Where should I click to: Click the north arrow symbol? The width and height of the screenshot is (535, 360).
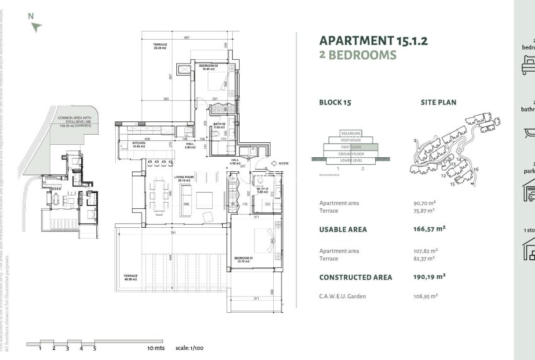(x=37, y=26)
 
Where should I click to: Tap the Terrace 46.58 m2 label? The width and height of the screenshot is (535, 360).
(x=131, y=278)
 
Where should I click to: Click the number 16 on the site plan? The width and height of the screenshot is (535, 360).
(x=476, y=169)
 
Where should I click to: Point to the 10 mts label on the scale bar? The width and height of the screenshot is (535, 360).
(x=155, y=347)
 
